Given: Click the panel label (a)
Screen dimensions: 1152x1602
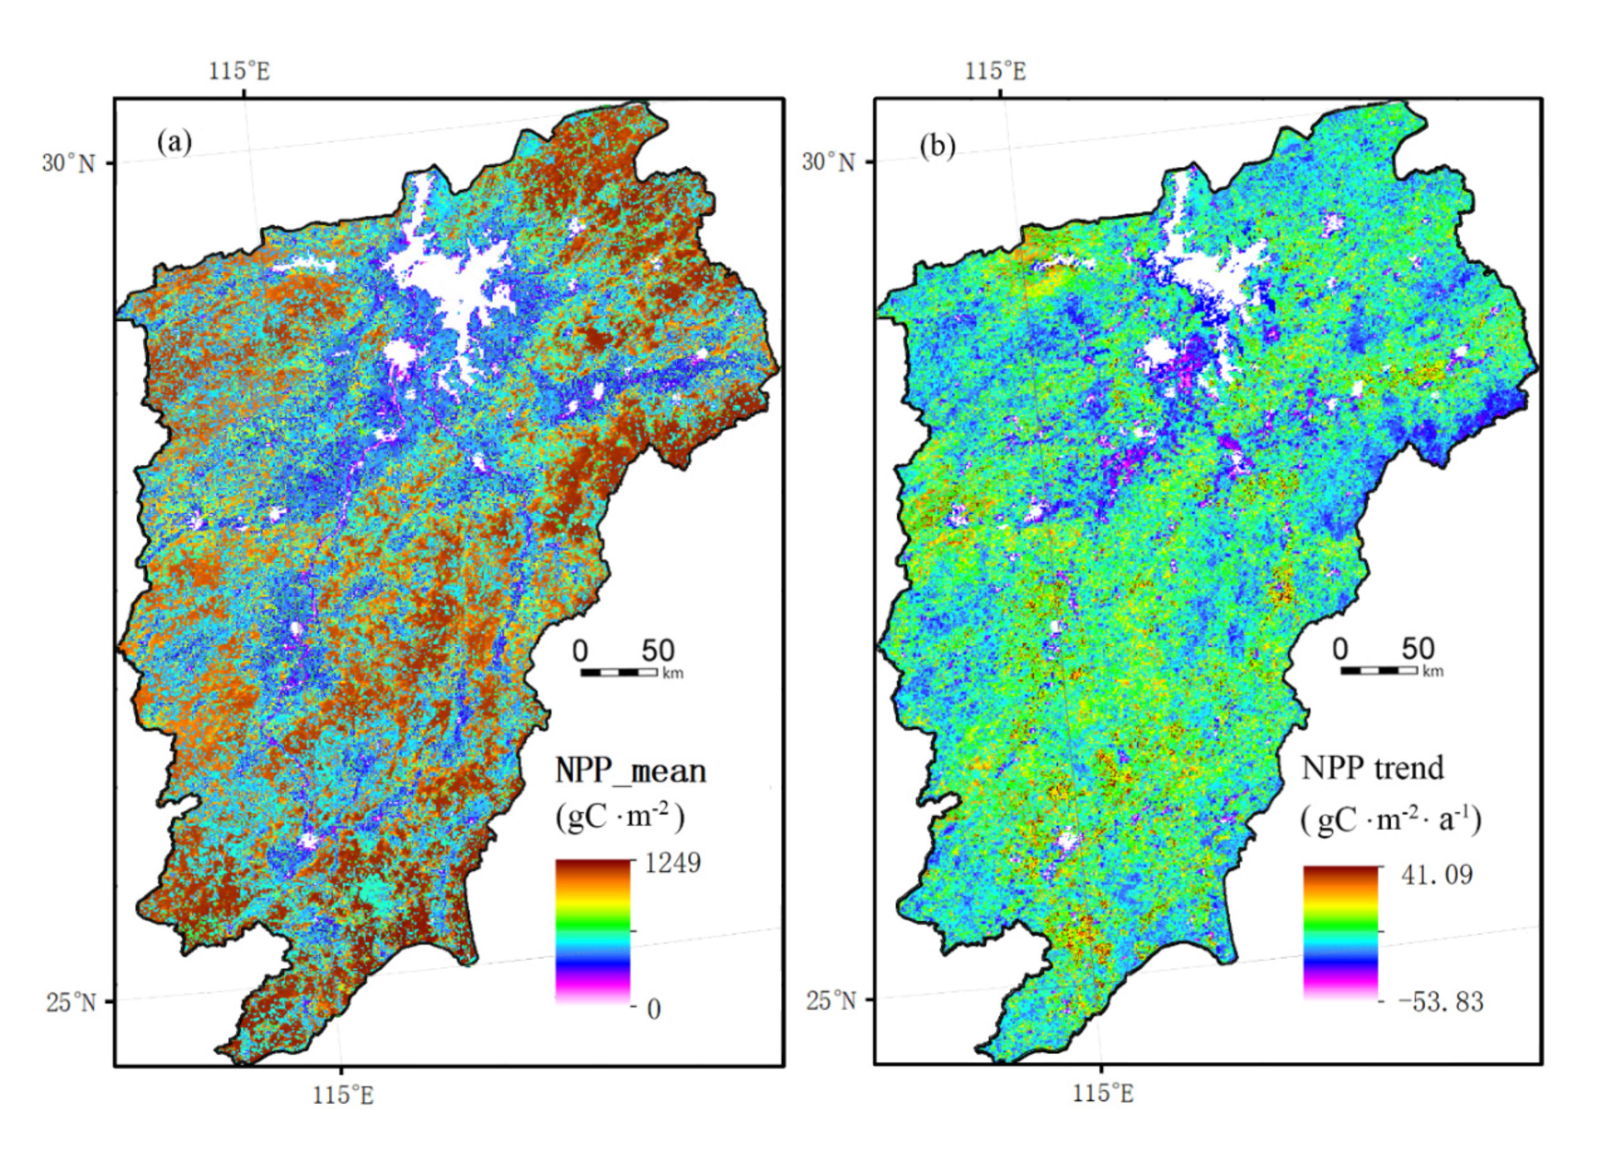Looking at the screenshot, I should coord(174,143).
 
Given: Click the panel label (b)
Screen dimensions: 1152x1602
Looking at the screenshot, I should coord(937,146).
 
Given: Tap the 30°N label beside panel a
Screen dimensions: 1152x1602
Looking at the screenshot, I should coord(68,163).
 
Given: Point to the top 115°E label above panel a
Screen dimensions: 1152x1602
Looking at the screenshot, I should coord(239,71).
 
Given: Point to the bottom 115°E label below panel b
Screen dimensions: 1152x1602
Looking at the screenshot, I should coord(1103,1094).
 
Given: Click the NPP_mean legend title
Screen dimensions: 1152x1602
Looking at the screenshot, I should coord(630,770).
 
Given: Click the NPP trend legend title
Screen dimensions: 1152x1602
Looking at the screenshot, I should coord(1373,768).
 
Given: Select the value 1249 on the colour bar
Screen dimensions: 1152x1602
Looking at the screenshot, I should coord(673,863).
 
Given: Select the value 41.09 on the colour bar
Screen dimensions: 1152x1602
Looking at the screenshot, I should coord(1437,875).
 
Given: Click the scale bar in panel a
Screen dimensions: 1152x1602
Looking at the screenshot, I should coord(619,673).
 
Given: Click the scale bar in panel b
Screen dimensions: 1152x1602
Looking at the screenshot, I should coord(1379,670).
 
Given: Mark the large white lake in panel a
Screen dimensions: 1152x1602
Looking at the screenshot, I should coord(452,282).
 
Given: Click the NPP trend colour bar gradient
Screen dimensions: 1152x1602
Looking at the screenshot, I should coord(1340,932).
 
